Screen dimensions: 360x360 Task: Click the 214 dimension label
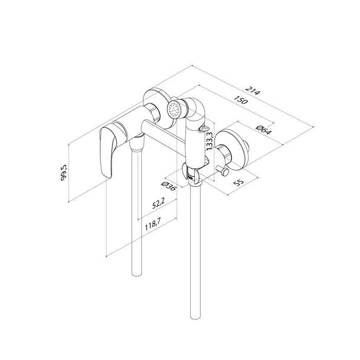253,90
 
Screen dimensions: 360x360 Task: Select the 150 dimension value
241,100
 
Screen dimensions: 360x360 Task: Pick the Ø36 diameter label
169,186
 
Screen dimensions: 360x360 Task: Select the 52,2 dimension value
158,203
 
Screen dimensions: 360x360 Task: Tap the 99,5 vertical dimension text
64,172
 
